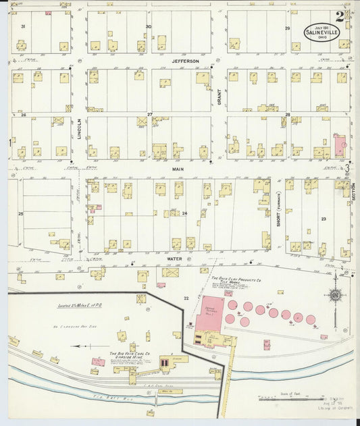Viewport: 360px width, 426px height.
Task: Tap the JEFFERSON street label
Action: [x=185, y=61]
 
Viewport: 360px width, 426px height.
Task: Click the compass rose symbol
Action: [x=334, y=295]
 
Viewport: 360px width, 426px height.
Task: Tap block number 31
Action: [x=23, y=26]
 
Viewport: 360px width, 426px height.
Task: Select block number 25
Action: [x=21, y=213]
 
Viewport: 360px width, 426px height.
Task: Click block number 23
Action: [x=324, y=219]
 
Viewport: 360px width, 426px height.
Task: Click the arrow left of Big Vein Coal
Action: [x=86, y=345]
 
